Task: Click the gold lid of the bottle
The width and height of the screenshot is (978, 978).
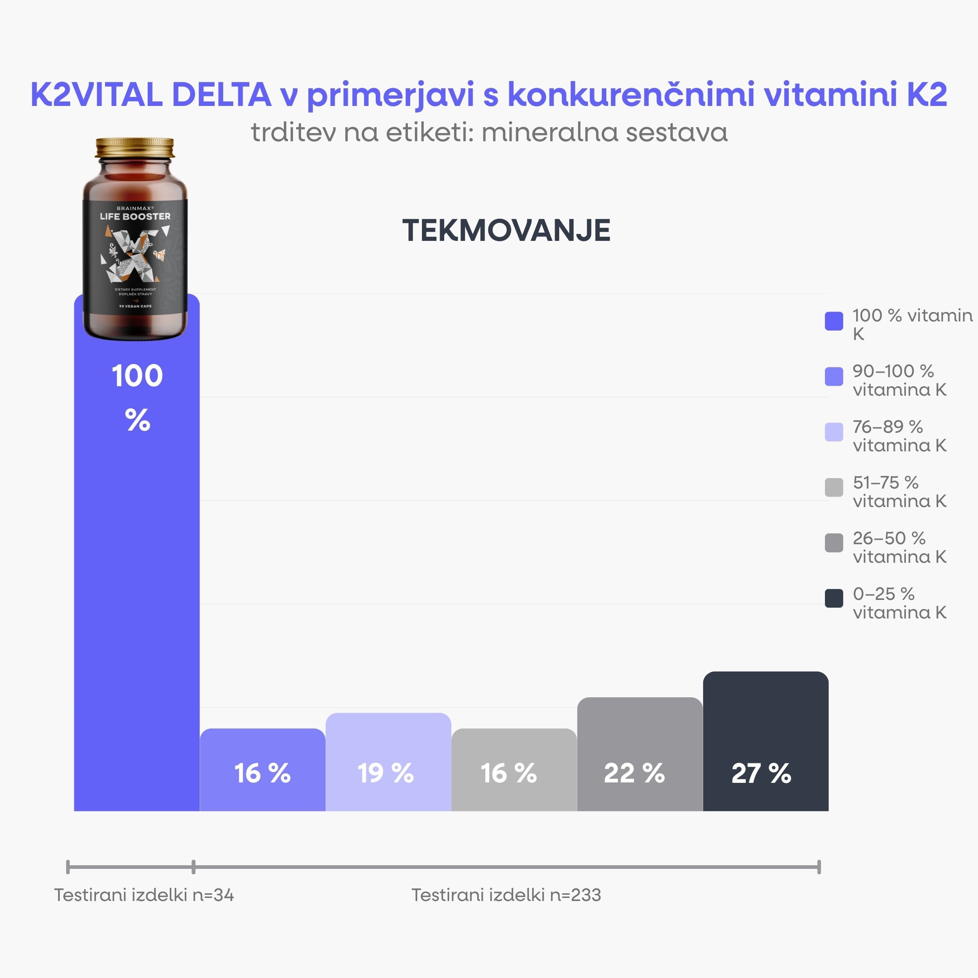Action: click(134, 147)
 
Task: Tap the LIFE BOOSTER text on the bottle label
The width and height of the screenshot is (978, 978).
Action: click(135, 216)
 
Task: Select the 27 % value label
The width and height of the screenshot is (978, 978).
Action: click(761, 773)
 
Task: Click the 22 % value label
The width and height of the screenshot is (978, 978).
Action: click(634, 773)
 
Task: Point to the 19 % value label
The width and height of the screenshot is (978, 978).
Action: click(386, 773)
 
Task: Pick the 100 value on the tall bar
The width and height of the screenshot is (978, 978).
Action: click(137, 376)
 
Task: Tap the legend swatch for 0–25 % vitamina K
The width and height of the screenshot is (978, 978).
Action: click(834, 598)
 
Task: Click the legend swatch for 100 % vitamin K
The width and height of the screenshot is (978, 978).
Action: click(834, 321)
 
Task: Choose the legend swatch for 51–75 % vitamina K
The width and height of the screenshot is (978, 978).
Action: click(834, 487)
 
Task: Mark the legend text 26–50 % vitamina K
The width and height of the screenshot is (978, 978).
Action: click(899, 547)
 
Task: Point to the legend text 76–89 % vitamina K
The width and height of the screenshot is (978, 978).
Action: click(899, 436)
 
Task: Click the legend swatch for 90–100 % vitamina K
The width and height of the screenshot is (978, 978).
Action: click(834, 376)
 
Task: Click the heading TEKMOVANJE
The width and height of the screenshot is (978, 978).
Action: click(506, 231)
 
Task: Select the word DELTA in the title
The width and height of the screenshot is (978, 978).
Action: click(221, 95)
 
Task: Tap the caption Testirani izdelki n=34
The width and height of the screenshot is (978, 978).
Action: click(144, 895)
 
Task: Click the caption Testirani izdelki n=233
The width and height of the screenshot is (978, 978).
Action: click(506, 895)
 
